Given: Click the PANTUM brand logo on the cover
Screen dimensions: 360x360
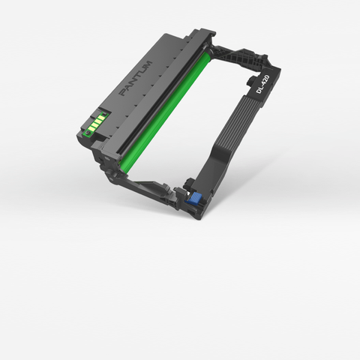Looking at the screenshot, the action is (x=136, y=78).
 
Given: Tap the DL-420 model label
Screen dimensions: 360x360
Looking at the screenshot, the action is (x=262, y=84).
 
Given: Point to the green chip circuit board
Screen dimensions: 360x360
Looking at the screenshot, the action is (x=96, y=123).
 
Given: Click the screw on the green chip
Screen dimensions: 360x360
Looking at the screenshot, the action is (x=88, y=132).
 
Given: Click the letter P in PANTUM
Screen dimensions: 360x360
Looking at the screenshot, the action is (x=123, y=93).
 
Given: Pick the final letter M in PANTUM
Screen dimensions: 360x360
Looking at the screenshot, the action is (x=148, y=64).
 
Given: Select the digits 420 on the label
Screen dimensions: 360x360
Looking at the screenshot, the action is (x=265, y=79).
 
